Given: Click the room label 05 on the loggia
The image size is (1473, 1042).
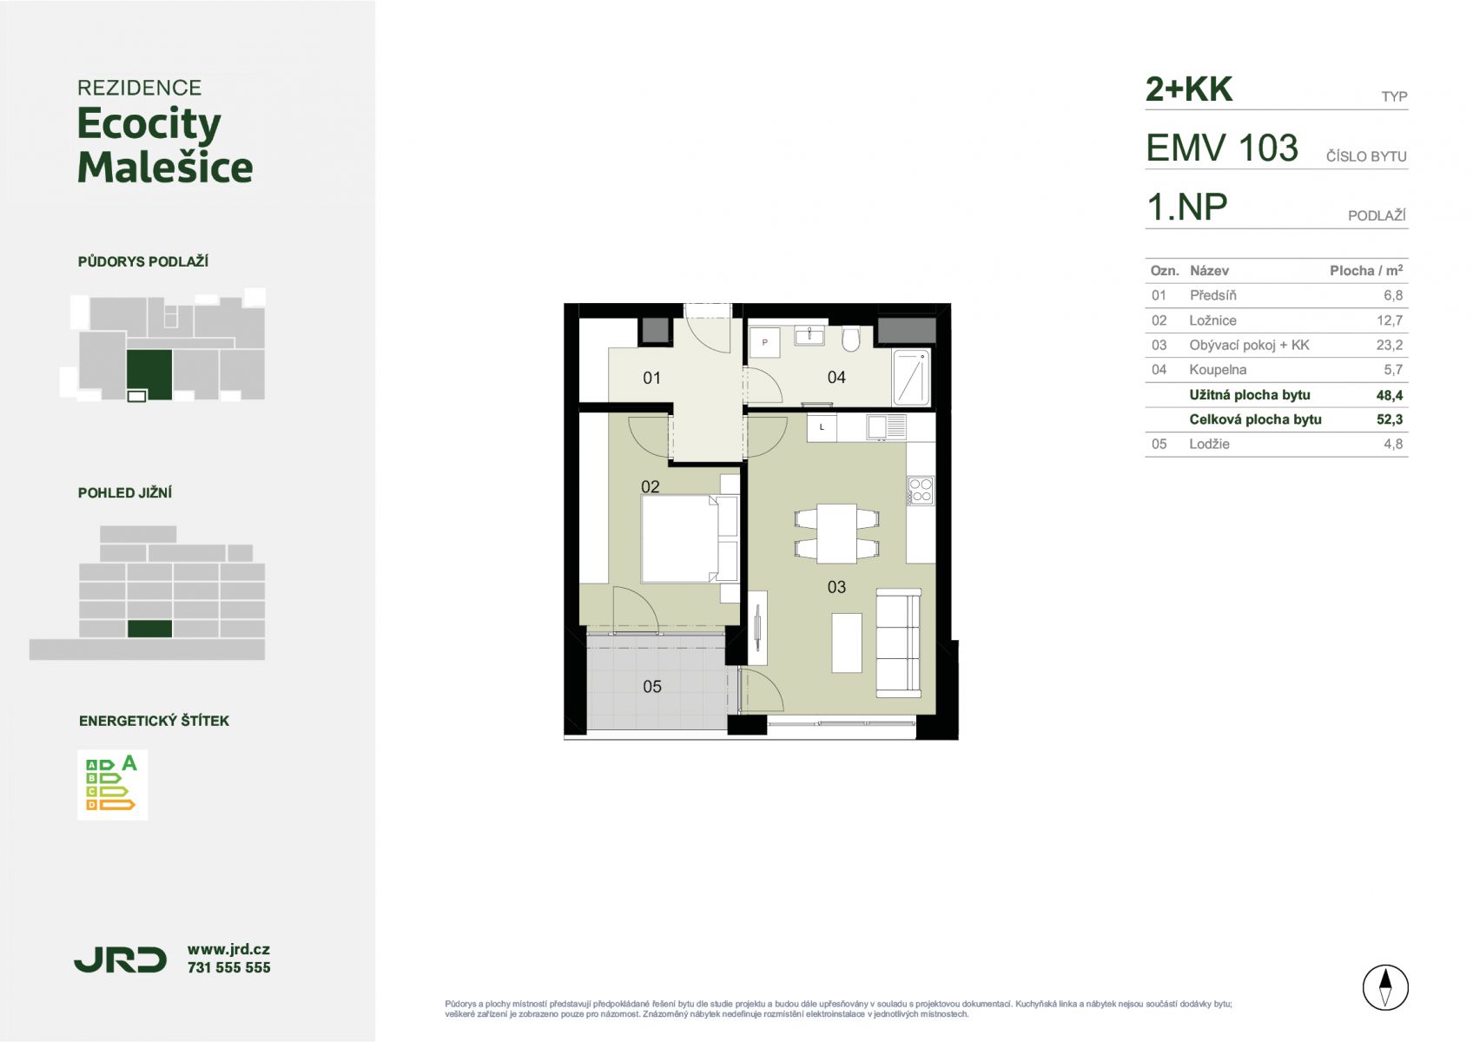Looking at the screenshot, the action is point(651,687).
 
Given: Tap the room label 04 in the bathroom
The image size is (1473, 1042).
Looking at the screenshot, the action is point(836,378).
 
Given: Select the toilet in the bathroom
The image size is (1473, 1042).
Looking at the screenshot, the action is point(850,340).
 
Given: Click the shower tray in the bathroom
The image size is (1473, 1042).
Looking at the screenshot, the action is point(911,378).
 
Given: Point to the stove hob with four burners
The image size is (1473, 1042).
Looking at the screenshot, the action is point(921,491).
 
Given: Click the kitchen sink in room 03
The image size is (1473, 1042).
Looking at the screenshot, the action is point(886,427).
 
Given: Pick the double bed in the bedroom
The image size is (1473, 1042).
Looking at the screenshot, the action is point(690,538).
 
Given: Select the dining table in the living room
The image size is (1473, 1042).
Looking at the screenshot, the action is point(836,533).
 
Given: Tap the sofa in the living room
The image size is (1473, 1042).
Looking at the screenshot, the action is point(898,643).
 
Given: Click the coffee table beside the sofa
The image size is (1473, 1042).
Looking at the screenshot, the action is point(846,643).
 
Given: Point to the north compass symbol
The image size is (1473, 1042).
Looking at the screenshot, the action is point(1385,987).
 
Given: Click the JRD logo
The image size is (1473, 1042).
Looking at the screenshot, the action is point(121,960).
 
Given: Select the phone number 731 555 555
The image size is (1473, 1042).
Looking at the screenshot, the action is point(228,967).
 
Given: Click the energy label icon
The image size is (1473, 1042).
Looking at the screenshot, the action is point(112,784).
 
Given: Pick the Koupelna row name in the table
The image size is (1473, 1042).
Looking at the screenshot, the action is point(1217,370).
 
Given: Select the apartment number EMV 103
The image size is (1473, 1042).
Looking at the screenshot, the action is point(1222,148).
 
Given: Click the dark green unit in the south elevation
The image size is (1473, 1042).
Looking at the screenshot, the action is point(150,629).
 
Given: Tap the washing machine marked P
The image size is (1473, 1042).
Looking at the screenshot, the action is point(764,342).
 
